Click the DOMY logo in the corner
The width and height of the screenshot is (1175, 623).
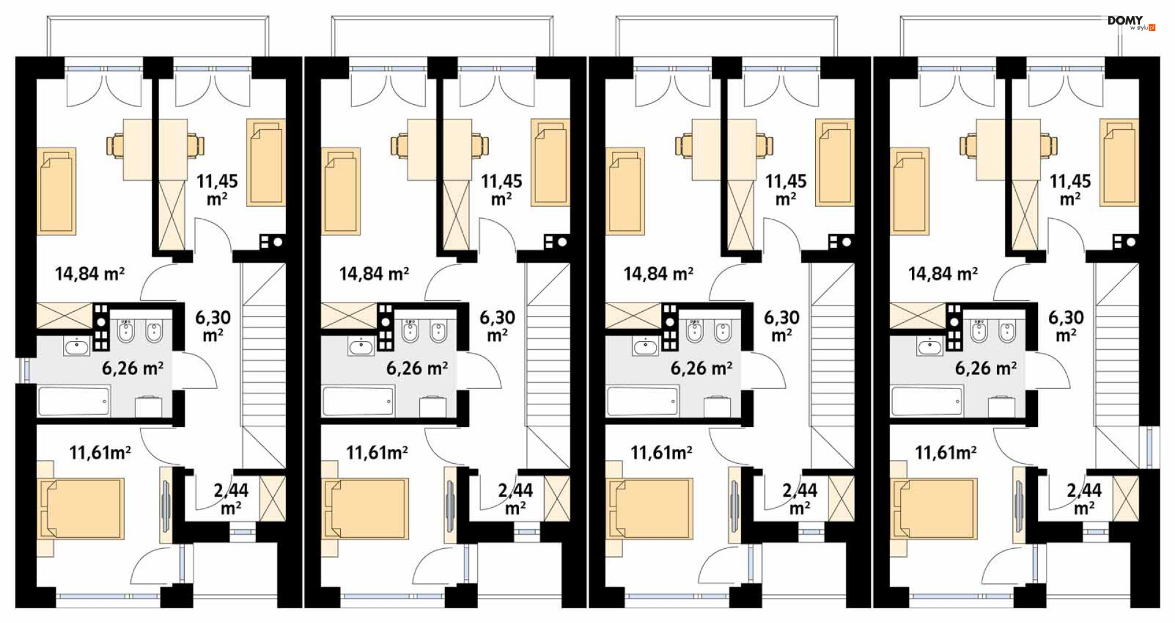tap(1131, 23)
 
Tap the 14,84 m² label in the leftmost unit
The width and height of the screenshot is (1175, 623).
tap(90, 273)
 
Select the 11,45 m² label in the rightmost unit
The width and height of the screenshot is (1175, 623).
tap(1070, 190)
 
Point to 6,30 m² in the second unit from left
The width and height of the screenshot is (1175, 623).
tap(497, 327)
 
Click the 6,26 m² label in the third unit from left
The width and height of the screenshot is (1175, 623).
tap(701, 368)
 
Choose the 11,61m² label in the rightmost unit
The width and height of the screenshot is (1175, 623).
tap(946, 453)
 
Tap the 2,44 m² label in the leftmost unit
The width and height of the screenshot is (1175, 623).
tap(231, 499)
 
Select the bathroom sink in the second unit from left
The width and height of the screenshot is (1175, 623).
tap(360, 347)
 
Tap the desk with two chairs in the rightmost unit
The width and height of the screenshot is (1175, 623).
tap(1009, 149)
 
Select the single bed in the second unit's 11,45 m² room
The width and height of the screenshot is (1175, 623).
tap(550, 162)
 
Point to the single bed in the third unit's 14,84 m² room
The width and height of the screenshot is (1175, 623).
tap(625, 191)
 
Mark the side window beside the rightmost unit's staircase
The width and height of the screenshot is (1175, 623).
tap(1151, 447)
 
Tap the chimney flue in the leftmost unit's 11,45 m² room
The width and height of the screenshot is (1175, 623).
tap(271, 242)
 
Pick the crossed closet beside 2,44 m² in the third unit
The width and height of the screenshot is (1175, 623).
tap(841, 499)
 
